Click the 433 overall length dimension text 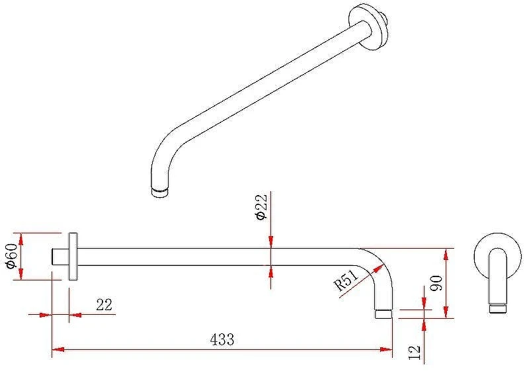pos(222,339)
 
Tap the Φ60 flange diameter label pos(12,256)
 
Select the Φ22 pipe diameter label pos(262,206)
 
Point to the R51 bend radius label pos(346,281)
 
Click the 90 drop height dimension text pos(436,283)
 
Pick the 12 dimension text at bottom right pos(415,353)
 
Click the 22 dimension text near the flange pos(104,304)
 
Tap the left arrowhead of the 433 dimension pos(58,350)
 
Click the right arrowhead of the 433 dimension pos(386,350)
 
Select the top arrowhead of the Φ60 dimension pos(21,239)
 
